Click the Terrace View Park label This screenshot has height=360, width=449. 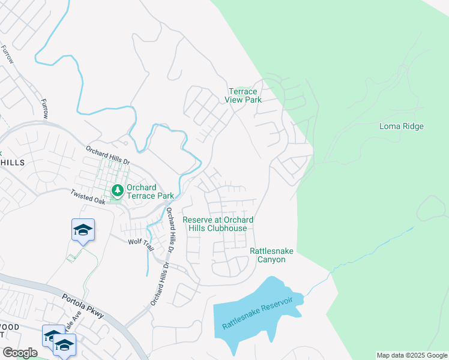tap(243, 96)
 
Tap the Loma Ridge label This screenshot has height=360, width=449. tap(402, 127)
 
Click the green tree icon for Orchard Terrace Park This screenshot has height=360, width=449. tap(118, 191)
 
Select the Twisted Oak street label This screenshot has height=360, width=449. tap(88, 197)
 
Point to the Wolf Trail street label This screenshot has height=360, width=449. tap(141, 245)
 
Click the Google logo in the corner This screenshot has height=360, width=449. tap(20, 353)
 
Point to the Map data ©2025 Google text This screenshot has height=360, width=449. tap(412, 355)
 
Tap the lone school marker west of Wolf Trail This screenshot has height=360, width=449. tap(83, 230)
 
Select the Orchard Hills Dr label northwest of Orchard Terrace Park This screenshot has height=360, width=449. tap(107, 155)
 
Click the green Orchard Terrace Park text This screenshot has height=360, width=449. tap(149, 191)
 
